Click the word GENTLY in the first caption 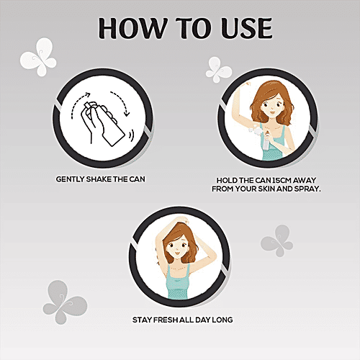70,179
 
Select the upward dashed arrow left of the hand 77,102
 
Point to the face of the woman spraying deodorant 271,106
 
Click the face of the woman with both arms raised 176,247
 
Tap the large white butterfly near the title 38,57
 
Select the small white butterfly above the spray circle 218,70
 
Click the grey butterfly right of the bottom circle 277,240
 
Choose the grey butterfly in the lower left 65,302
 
